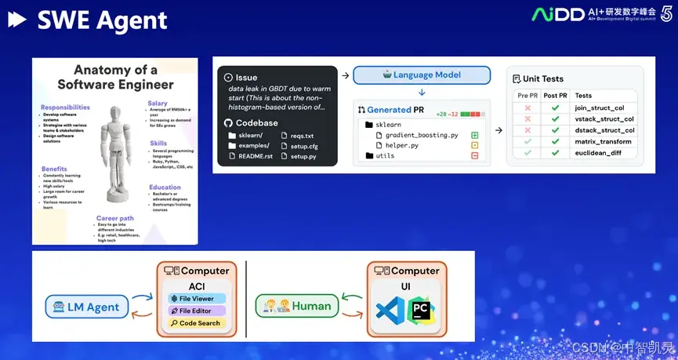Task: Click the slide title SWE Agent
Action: pos(102,20)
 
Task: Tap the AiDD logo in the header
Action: pos(557,14)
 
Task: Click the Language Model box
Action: pos(422,75)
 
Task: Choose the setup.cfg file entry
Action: pos(303,146)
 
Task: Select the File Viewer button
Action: pos(197,298)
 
